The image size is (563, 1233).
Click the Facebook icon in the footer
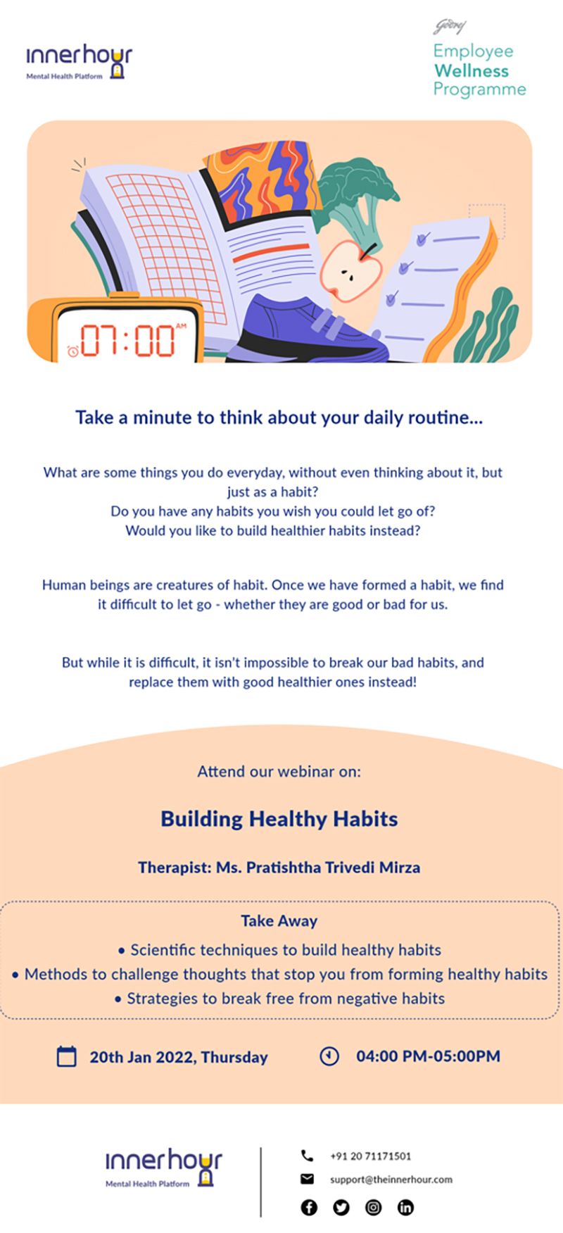pyautogui.click(x=309, y=1208)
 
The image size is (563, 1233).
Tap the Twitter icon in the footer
pyautogui.click(x=341, y=1208)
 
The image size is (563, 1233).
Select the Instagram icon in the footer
pyautogui.click(x=374, y=1208)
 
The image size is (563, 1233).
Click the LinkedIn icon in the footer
pyautogui.click(x=406, y=1208)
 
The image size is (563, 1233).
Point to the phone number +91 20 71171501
pyautogui.click(x=371, y=1156)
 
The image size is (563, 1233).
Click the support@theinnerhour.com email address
pyautogui.click(x=391, y=1179)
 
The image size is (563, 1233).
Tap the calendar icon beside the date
pyautogui.click(x=66, y=1056)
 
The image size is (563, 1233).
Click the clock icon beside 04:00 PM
pyautogui.click(x=329, y=1056)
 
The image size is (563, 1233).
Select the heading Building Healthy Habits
pyautogui.click(x=279, y=819)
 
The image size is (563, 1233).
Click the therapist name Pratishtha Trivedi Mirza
pyautogui.click(x=318, y=868)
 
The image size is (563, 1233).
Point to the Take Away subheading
pyautogui.click(x=279, y=921)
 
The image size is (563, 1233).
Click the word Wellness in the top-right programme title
pyautogui.click(x=472, y=71)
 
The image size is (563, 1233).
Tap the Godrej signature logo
pyautogui.click(x=449, y=27)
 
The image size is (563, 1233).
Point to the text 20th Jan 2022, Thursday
pyautogui.click(x=179, y=1057)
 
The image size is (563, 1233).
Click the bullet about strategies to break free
pyautogui.click(x=279, y=999)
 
